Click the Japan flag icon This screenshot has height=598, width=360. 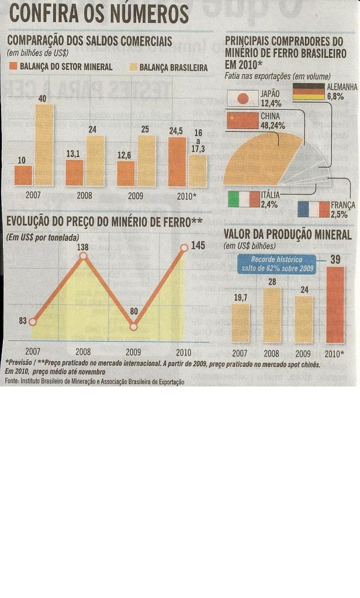pyautogui.click(x=240, y=98)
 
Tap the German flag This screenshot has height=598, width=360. pyautogui.click(x=308, y=92)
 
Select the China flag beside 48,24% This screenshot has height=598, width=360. pyautogui.click(x=241, y=120)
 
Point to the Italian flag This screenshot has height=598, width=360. pyautogui.click(x=243, y=199)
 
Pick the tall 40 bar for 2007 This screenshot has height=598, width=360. pyautogui.click(x=43, y=145)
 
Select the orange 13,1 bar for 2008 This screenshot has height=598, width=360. pyautogui.click(x=74, y=173)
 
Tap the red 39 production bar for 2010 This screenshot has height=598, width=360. pyautogui.click(x=335, y=305)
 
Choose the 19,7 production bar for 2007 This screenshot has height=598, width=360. pyautogui.click(x=240, y=323)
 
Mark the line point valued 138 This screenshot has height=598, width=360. pyautogui.click(x=83, y=256)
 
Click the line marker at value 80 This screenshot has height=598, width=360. pyautogui.click(x=133, y=327)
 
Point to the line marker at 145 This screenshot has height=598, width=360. pyautogui.click(x=184, y=248)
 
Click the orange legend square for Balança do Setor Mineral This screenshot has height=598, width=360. pyautogui.click(x=13, y=67)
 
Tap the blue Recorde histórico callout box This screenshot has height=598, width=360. pyautogui.click(x=278, y=264)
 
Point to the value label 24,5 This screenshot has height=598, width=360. pyautogui.click(x=176, y=131)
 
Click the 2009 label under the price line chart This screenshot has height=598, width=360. pyautogui.click(x=133, y=352)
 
